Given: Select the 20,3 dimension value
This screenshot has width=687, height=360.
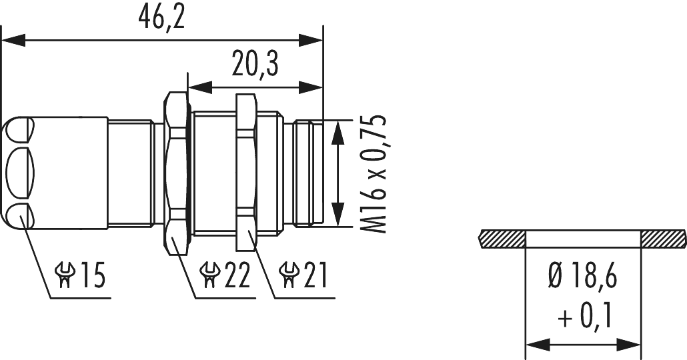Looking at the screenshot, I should (255, 65).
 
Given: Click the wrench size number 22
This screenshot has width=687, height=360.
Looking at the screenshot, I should (235, 275).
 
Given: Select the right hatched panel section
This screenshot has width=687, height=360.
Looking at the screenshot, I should (662, 238).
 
